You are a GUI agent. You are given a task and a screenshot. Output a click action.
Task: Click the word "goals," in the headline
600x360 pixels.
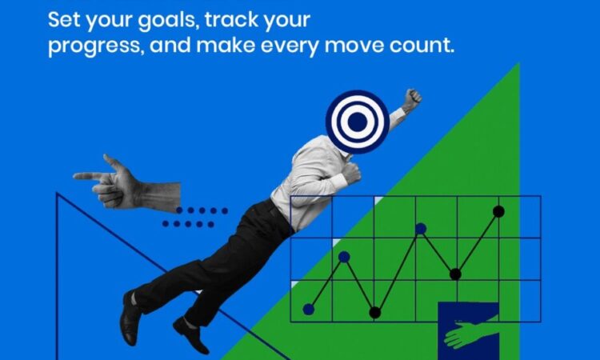168,21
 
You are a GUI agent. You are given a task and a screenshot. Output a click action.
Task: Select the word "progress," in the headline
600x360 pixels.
96,46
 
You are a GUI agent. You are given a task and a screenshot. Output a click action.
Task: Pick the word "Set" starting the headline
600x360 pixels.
64,19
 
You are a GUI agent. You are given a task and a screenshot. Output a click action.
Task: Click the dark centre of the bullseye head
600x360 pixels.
357,122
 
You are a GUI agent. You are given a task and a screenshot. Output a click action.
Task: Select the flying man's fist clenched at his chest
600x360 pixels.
351,173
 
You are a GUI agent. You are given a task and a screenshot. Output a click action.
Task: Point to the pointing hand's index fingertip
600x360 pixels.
76,176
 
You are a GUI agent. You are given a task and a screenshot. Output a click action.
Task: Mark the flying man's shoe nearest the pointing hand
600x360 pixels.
130,318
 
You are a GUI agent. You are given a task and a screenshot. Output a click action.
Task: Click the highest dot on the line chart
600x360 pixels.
498,211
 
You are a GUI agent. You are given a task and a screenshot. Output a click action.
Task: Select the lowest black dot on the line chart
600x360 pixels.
375,313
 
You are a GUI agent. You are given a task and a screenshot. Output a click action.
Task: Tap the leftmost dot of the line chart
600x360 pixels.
309,309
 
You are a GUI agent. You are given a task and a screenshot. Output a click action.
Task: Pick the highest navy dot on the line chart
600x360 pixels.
421,228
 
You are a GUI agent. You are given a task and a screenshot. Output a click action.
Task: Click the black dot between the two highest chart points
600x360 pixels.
455,274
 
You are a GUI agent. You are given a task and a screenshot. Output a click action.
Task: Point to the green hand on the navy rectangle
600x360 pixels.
470,332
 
